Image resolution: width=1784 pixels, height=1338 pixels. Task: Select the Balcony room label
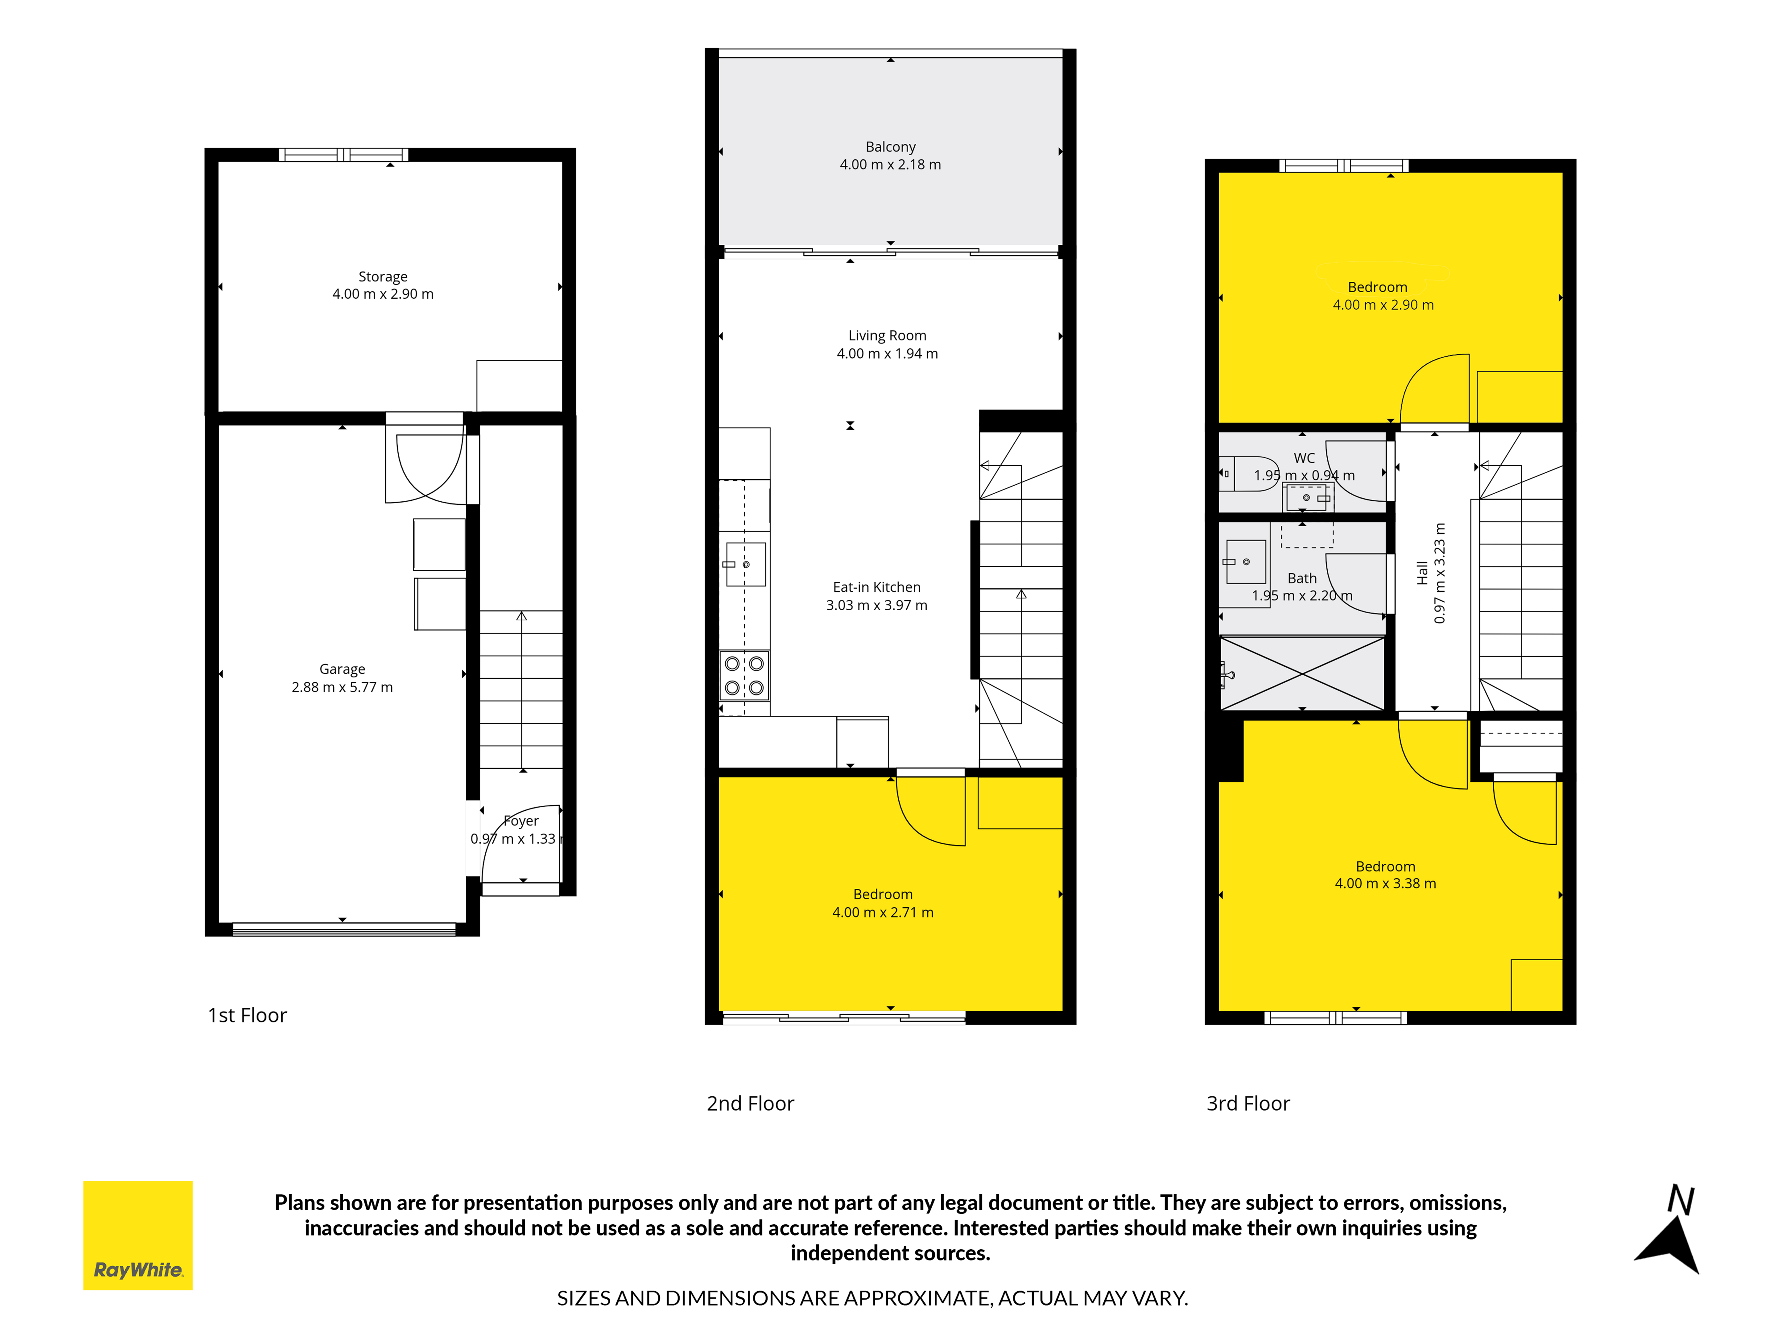890,147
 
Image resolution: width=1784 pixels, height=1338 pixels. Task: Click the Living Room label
887,336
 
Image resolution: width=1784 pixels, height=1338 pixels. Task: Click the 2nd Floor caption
750,1103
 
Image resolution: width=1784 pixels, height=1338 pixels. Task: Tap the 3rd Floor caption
1248,1103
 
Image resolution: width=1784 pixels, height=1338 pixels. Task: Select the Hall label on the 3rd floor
1422,573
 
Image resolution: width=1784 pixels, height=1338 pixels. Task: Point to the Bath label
1302,578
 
